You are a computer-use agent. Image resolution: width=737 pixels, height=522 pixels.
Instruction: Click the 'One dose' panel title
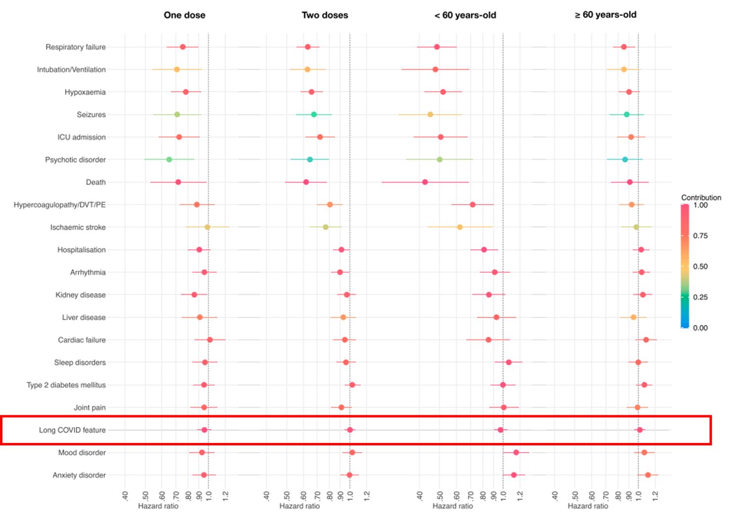click(x=184, y=15)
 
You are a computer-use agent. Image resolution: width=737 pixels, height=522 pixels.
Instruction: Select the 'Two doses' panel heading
click(x=325, y=15)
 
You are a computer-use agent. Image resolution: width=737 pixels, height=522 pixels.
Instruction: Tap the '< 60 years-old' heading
click(x=465, y=15)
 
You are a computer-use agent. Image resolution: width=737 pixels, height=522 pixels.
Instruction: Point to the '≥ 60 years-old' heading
click(x=605, y=15)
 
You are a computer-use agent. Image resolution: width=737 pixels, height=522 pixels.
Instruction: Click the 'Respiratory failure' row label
click(x=76, y=47)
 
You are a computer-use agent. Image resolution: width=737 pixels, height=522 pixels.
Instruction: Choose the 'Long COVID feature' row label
click(x=72, y=430)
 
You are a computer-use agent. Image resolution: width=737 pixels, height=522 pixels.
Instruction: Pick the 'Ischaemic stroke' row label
click(x=78, y=227)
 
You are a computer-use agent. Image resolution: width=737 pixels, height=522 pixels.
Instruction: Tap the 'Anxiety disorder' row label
click(x=79, y=475)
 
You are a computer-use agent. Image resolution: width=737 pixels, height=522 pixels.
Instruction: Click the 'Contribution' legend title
click(x=701, y=198)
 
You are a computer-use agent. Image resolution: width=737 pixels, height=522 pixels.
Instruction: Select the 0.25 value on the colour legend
click(x=700, y=297)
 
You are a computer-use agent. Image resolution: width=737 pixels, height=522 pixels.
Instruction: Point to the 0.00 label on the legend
click(x=700, y=328)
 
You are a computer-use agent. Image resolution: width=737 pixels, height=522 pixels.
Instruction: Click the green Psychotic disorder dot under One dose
click(x=169, y=160)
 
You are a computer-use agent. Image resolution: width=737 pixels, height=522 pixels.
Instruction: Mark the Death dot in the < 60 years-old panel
click(x=425, y=182)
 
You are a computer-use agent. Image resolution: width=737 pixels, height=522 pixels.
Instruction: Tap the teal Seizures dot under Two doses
click(x=314, y=115)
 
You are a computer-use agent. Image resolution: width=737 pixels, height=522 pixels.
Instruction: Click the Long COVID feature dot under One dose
click(x=205, y=430)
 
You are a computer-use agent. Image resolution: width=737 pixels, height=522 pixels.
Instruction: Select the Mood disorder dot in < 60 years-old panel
click(x=516, y=452)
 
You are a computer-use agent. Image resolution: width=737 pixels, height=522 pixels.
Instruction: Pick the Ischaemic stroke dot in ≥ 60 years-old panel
click(x=636, y=227)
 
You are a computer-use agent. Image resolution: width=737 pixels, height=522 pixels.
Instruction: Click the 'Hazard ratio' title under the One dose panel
click(x=158, y=506)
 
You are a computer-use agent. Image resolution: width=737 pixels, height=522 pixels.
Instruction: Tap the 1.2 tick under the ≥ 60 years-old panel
click(x=655, y=496)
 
